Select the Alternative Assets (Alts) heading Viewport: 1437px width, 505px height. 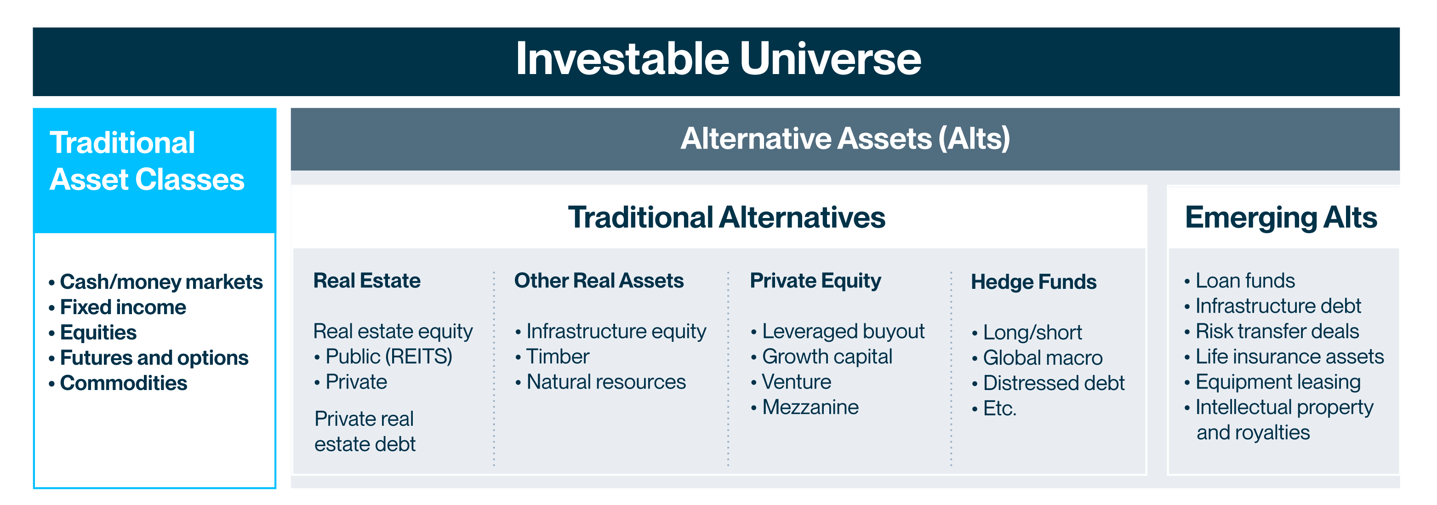pyautogui.click(x=845, y=138)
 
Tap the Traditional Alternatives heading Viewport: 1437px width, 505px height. pyautogui.click(x=726, y=217)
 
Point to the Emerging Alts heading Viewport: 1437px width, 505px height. pyautogui.click(x=1281, y=218)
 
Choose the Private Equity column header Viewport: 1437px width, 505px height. pyautogui.click(x=815, y=281)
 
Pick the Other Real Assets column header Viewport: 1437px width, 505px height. pyautogui.click(x=599, y=280)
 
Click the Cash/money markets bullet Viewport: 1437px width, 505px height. pyautogui.click(x=156, y=282)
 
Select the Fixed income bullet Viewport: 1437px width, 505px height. pyautogui.click(x=117, y=307)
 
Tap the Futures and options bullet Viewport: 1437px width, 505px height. pyautogui.click(x=148, y=358)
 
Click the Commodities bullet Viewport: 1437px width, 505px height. pyautogui.click(x=118, y=383)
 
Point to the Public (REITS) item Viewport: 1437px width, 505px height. pyautogui.click(x=383, y=356)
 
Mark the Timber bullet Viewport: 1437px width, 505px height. pyautogui.click(x=552, y=356)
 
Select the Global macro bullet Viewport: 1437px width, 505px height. pyautogui.click(x=1037, y=358)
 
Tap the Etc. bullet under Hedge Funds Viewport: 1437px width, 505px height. pyautogui.click(x=994, y=408)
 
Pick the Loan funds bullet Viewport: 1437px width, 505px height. pyautogui.click(x=1239, y=280)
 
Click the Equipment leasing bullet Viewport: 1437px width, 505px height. pyautogui.click(x=1272, y=382)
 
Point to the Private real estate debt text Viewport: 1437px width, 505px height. pyautogui.click(x=365, y=431)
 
